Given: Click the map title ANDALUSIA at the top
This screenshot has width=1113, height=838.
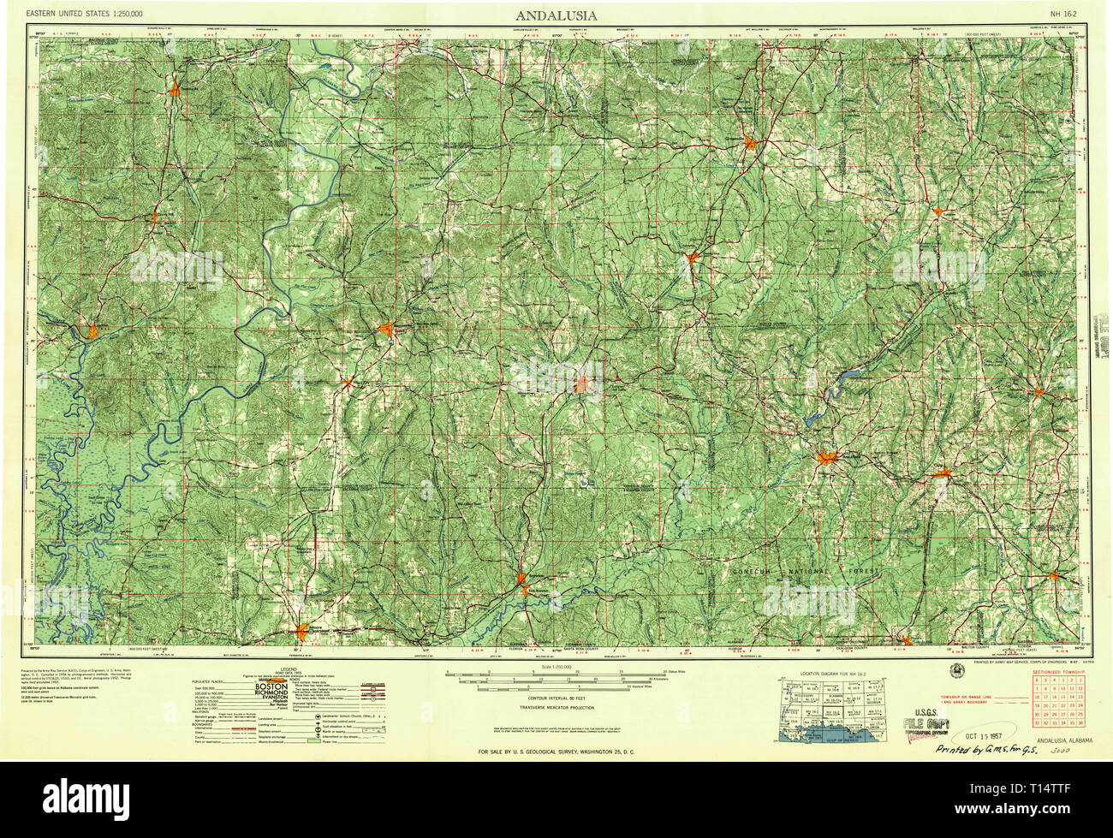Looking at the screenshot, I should coord(556,15).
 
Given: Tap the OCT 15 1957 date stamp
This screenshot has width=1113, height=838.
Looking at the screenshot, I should coord(975,734).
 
